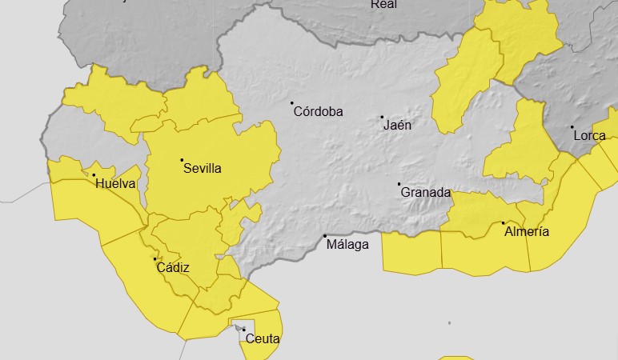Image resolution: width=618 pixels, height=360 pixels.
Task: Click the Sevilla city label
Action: (202, 169)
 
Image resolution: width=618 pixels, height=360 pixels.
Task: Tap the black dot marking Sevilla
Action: (182, 160)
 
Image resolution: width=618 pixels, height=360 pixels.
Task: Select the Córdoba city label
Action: (318, 112)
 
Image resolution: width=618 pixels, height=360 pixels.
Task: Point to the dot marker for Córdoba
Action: (292, 103)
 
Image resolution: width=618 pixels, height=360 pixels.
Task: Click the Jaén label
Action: (397, 126)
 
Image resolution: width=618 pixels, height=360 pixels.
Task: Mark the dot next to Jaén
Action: (382, 118)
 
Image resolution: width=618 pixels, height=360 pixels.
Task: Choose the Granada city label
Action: (425, 193)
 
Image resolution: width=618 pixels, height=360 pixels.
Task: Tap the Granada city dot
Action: (399, 185)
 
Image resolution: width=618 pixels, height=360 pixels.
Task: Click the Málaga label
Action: (348, 245)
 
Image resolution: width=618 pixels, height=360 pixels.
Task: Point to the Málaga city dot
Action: (324, 236)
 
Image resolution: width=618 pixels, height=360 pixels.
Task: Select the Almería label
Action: (526, 232)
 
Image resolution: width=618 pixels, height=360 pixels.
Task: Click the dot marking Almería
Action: (503, 222)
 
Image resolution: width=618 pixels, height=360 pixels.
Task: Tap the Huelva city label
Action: (115, 184)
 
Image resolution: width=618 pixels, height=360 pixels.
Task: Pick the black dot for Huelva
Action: (94, 175)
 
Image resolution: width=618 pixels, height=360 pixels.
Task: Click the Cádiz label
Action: (174, 268)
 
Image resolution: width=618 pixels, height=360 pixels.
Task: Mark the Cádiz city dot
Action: (154, 259)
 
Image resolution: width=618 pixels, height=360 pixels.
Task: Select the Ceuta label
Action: (263, 339)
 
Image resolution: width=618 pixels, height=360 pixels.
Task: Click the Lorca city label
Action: (589, 136)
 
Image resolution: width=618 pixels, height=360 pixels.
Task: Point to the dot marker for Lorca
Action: (572, 127)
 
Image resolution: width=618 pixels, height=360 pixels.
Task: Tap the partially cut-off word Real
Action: (383, 4)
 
